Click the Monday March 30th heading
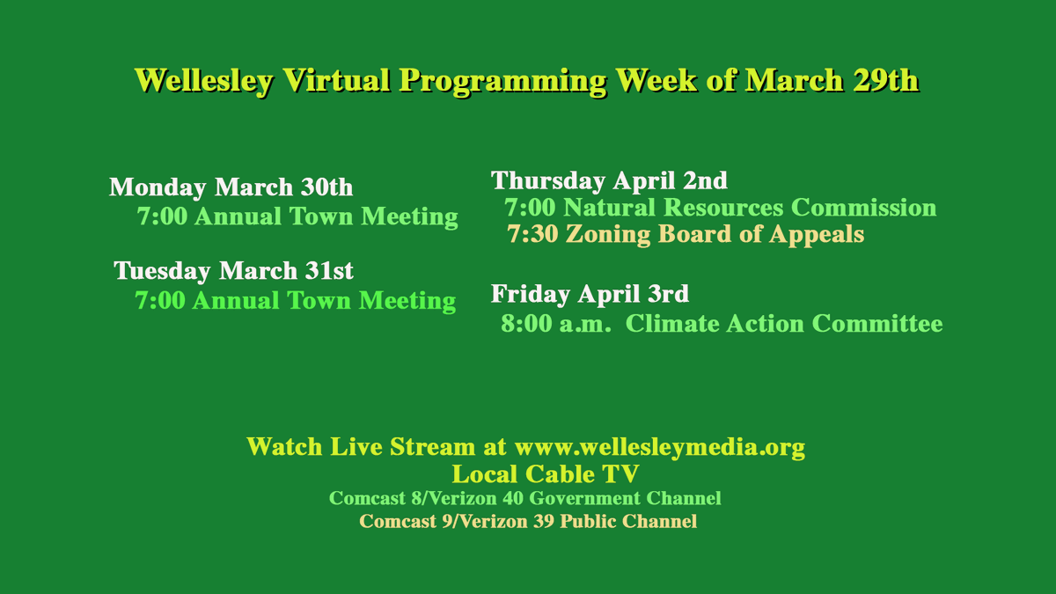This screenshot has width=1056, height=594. click(231, 187)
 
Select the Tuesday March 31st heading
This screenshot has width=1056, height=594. click(233, 270)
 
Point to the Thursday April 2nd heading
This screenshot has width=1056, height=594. click(609, 180)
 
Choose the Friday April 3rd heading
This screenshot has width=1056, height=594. click(590, 293)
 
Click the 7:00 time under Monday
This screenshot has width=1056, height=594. click(162, 216)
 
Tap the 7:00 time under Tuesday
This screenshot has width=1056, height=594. click(160, 301)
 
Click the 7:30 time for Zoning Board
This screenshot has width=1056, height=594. click(532, 235)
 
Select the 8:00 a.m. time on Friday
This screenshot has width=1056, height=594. click(556, 324)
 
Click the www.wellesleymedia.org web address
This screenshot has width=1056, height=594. click(660, 447)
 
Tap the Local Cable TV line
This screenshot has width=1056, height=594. click(546, 474)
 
